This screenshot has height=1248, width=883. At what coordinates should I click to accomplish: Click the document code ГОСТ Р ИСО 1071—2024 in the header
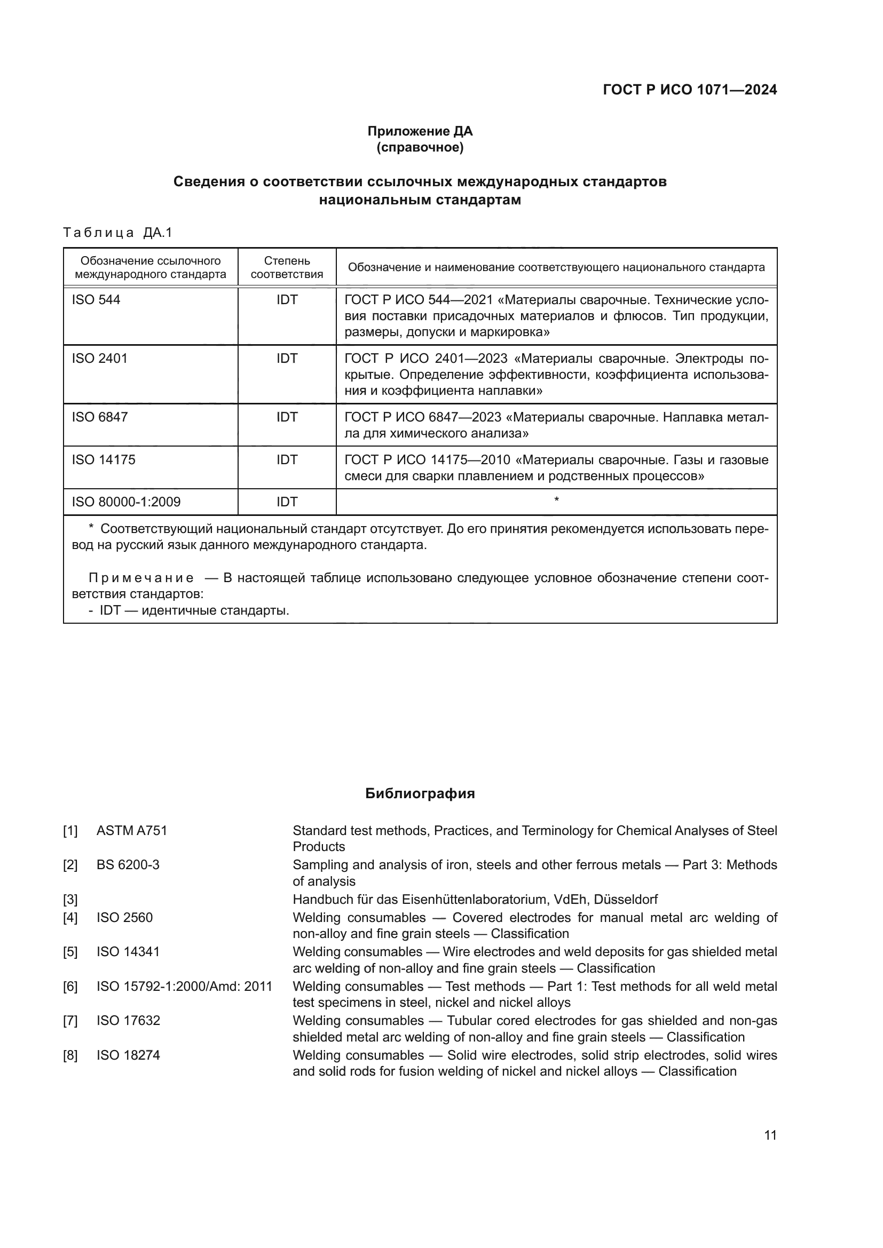click(689, 90)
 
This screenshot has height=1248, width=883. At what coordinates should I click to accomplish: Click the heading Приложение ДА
click(420, 131)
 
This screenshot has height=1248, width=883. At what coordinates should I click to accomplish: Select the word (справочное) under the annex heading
click(420, 148)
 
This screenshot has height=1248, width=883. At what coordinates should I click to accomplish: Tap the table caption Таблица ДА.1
click(117, 233)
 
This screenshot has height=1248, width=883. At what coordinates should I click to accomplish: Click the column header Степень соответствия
click(287, 267)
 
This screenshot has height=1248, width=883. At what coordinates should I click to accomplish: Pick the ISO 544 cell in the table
click(96, 300)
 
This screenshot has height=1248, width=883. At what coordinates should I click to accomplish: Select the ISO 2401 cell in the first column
click(99, 359)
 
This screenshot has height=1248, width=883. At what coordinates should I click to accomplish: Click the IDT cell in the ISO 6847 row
click(287, 417)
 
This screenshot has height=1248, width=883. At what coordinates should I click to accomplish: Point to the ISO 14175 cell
click(104, 460)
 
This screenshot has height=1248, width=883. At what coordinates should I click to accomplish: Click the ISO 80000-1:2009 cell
click(126, 502)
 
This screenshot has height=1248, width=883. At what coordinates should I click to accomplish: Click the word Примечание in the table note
click(141, 578)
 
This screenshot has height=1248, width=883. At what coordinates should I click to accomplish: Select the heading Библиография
click(420, 793)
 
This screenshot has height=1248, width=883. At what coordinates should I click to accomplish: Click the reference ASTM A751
click(131, 831)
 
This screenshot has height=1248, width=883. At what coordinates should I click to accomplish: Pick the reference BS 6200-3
click(128, 865)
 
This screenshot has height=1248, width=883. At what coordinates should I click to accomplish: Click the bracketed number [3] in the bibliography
click(70, 900)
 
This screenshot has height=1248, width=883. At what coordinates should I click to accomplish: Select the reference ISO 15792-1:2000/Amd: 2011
click(184, 987)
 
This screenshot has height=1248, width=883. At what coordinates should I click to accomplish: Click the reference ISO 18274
click(128, 1055)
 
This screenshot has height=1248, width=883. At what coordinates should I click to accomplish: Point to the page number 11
click(770, 1135)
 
